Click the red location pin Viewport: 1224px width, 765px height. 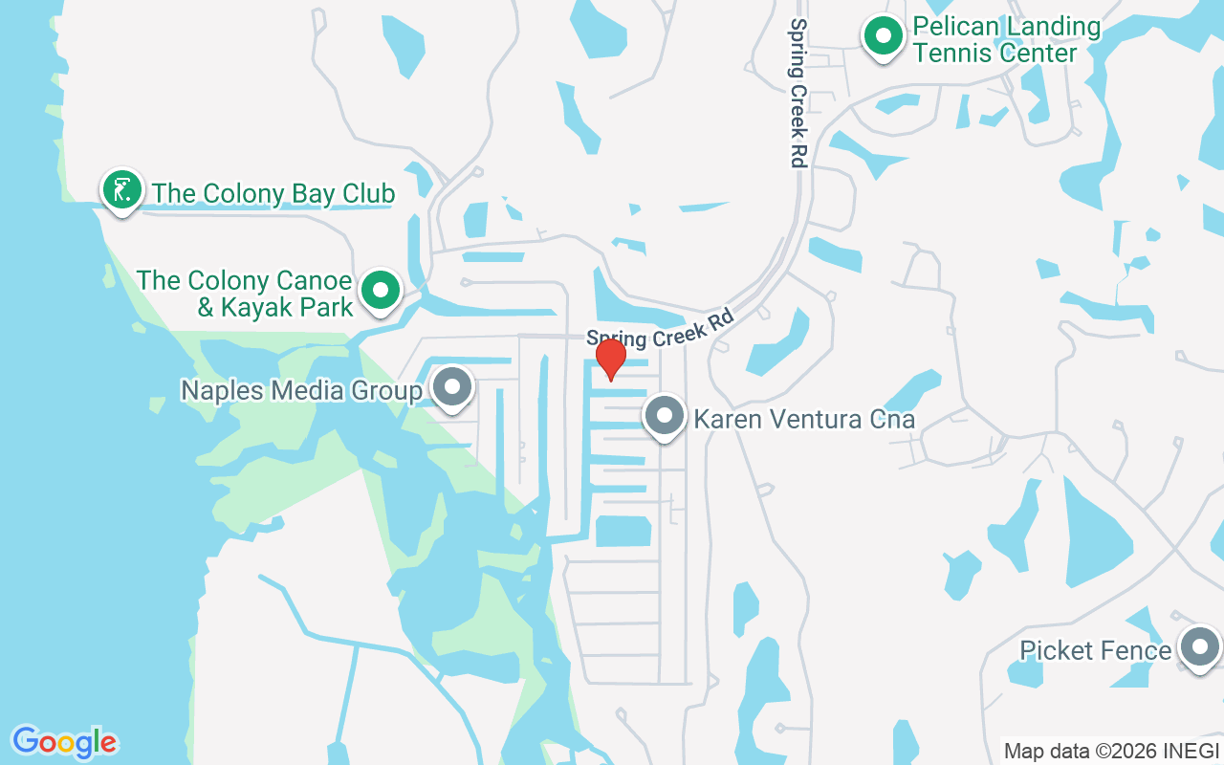coord(610,359)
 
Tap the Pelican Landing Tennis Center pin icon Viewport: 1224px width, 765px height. coord(884,37)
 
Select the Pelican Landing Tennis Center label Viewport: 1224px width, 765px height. coord(1006,39)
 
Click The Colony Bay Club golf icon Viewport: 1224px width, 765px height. coord(121,190)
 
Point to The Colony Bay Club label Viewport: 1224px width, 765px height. coord(273,193)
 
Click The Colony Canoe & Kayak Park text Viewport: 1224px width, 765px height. coord(245,294)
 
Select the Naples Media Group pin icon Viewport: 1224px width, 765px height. coord(452,388)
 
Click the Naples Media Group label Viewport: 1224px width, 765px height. coord(302,390)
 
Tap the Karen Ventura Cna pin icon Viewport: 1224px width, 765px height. coord(665,416)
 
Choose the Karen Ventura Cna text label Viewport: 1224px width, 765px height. coord(804,419)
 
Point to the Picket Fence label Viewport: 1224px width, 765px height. coord(1095,651)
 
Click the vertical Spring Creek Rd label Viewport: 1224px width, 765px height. coord(798,93)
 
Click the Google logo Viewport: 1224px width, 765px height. coord(64,742)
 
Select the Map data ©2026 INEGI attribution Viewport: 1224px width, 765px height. coord(1112,751)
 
